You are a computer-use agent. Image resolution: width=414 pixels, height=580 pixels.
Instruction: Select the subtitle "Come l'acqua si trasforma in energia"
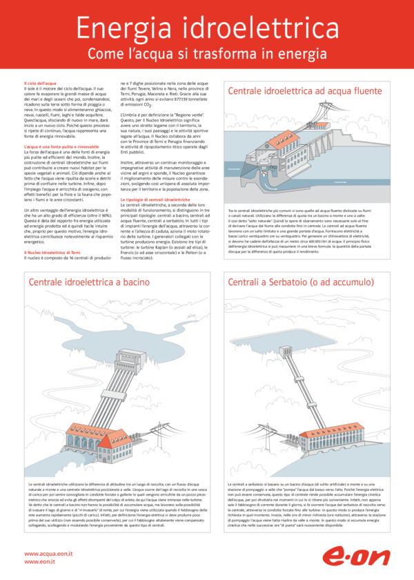(x=207, y=54)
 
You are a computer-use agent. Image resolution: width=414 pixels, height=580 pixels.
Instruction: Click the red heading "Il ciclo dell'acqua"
(x=41, y=83)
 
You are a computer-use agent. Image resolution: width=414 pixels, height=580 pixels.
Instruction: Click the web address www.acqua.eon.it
(x=49, y=554)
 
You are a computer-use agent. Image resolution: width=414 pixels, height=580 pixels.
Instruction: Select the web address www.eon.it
(x=39, y=563)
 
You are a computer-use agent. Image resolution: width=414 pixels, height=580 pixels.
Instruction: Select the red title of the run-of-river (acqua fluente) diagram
(x=304, y=90)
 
